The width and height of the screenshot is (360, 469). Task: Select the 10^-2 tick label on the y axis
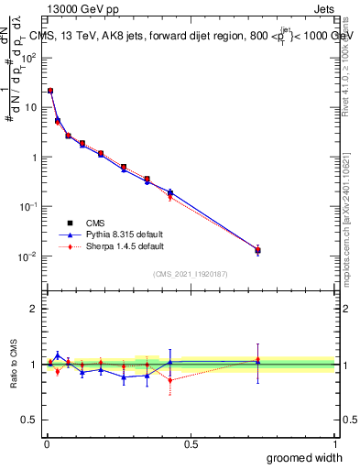pos(30,256)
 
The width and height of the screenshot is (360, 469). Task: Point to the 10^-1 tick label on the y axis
pos(30,206)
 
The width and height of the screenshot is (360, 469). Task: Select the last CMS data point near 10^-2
pos(257,250)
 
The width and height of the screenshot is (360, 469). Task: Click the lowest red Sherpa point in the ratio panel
pos(169,379)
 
